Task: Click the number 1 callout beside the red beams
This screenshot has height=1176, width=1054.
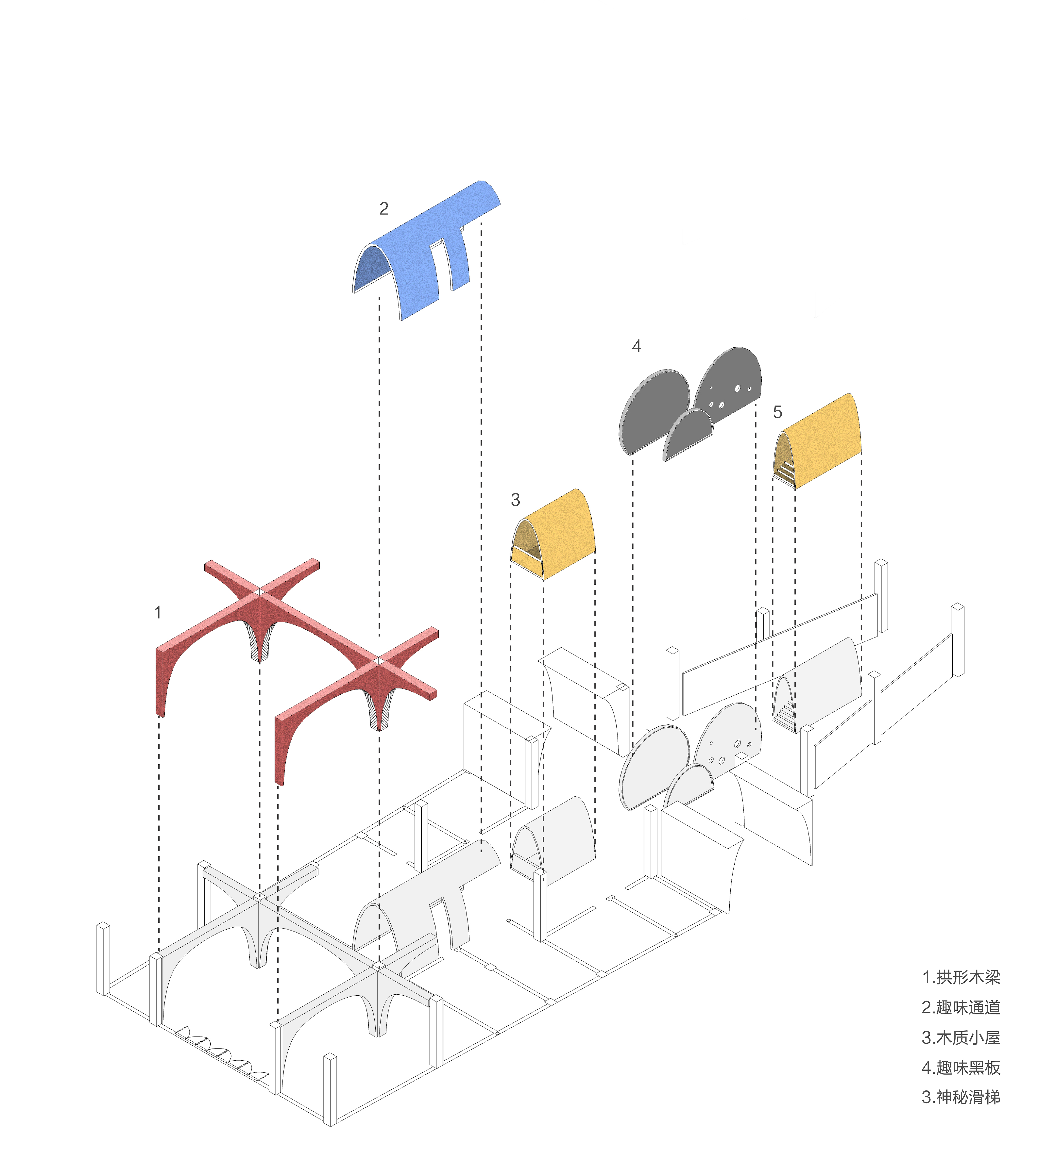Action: pos(157,612)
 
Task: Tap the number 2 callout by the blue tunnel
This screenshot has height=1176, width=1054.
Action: pos(383,208)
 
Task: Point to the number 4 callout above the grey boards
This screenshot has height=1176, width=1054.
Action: pos(636,346)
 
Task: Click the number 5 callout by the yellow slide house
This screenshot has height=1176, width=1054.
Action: pos(777,412)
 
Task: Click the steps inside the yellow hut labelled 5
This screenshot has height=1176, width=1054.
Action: pos(785,472)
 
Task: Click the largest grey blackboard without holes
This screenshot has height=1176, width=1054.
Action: pos(654,411)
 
